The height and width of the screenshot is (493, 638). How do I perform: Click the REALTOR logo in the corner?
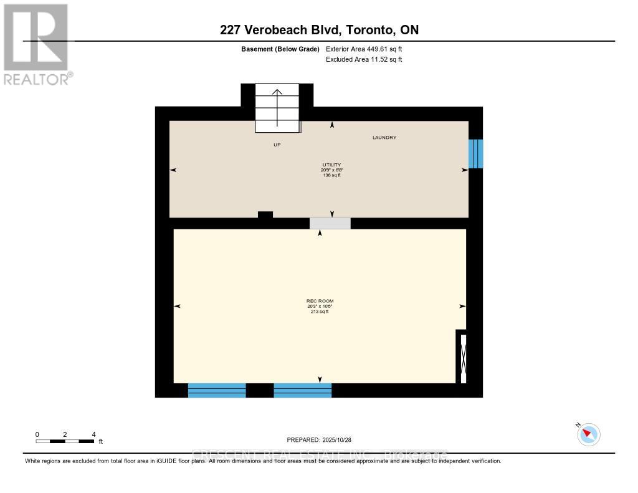[36, 44]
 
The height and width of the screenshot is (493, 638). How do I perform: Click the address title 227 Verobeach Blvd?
[319, 29]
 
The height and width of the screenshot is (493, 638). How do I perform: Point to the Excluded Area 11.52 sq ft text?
[364, 59]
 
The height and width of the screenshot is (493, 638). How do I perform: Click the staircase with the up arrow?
[277, 108]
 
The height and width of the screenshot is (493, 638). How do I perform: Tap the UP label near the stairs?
[277, 145]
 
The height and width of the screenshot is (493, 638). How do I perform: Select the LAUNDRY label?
[384, 138]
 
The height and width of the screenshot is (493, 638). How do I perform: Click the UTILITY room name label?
[331, 165]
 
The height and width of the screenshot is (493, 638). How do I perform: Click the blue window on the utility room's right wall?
[475, 153]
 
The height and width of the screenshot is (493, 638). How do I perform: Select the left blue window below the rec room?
[217, 390]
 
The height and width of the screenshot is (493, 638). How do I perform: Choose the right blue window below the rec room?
[303, 390]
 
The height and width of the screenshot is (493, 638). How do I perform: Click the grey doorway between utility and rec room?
[330, 223]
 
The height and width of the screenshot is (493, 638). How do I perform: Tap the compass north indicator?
[588, 434]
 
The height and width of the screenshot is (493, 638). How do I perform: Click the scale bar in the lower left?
[65, 441]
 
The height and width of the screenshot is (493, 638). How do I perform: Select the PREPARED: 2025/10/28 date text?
[318, 439]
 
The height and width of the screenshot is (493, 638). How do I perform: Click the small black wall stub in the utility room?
[265, 215]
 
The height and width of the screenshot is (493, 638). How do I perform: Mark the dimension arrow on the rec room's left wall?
[177, 306]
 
